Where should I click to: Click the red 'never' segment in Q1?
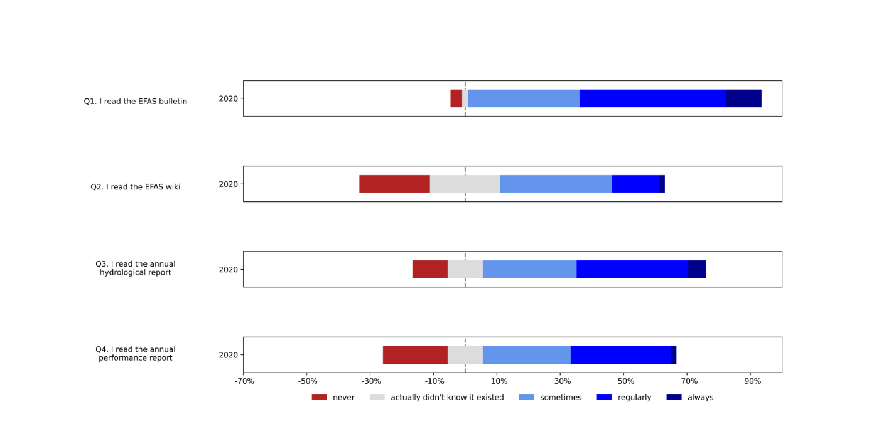pos(456,98)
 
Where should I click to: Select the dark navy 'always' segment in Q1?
pos(743,98)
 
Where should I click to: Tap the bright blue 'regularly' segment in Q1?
pos(652,98)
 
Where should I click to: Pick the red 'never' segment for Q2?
pos(394,184)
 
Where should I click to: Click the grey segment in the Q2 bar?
pos(465,184)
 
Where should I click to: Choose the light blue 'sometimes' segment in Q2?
pos(556,184)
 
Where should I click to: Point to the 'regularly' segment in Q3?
pos(632,269)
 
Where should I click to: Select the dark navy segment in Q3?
pos(696,269)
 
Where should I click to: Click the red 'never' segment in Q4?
pos(415,354)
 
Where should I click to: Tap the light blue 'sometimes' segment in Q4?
pos(526,354)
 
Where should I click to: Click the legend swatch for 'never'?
pos(320,397)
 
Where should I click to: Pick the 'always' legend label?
pos(700,397)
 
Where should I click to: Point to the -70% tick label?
pos(244,381)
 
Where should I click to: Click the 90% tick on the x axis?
pos(752,381)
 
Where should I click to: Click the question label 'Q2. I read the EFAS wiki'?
pos(136,187)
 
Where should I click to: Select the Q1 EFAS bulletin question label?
pos(136,101)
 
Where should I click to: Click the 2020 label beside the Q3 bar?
pos(227,270)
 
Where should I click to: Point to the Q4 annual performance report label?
pos(136,354)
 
